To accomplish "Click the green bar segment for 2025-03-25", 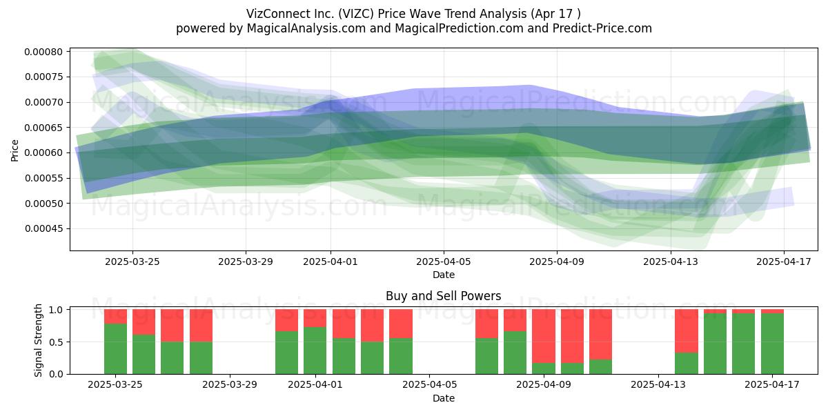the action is [x=115, y=349].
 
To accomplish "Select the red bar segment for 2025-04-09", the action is [x=544, y=336].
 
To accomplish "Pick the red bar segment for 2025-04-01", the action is [x=315, y=318].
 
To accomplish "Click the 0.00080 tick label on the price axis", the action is [x=43, y=52].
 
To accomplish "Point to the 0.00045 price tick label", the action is [x=43, y=229].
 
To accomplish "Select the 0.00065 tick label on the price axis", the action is [x=43, y=128].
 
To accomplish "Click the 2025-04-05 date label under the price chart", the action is [x=444, y=262].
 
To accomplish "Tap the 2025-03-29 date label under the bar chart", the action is [x=230, y=384].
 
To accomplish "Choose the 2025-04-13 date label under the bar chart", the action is [x=658, y=384].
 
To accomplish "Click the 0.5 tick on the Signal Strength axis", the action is [x=56, y=342].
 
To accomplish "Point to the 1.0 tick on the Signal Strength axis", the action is [x=56, y=309].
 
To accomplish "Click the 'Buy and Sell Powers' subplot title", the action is [x=444, y=296].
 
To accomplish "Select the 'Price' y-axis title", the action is [x=14, y=150].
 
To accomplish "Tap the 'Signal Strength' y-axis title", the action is [x=38, y=340].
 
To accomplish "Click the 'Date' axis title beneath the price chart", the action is [x=444, y=275].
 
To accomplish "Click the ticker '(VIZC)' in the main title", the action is [x=355, y=14].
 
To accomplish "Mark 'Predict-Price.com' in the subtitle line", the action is [x=602, y=28].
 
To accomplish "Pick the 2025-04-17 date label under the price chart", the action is [x=784, y=262].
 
